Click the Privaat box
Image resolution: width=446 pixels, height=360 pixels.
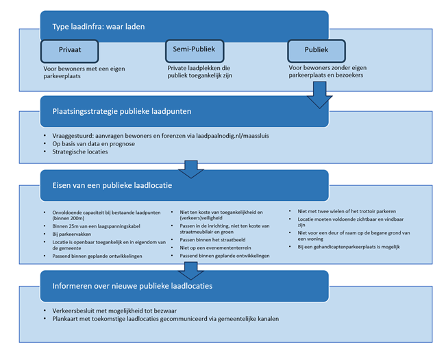(70, 50)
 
